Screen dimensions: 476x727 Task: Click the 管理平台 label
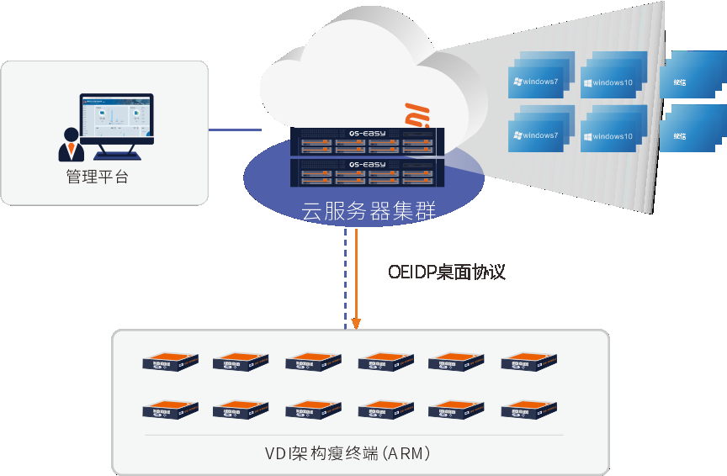pos(97,177)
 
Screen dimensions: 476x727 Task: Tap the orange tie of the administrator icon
pos(71,151)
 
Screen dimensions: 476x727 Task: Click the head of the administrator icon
pos(71,134)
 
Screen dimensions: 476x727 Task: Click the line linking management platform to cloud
pos(235,130)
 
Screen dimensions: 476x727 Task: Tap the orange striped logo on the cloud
pos(417,115)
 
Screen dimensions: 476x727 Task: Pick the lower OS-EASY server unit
pos(365,172)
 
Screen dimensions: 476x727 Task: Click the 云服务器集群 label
pos(369,211)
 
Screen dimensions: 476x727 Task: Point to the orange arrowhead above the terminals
pos(357,323)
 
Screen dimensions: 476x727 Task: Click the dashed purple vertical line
pos(344,278)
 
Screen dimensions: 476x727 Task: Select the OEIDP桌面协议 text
pos(446,272)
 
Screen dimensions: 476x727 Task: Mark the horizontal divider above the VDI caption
pos(353,435)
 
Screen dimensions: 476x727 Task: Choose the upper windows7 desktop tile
pos(539,82)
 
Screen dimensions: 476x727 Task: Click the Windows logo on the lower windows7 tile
pos(517,135)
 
